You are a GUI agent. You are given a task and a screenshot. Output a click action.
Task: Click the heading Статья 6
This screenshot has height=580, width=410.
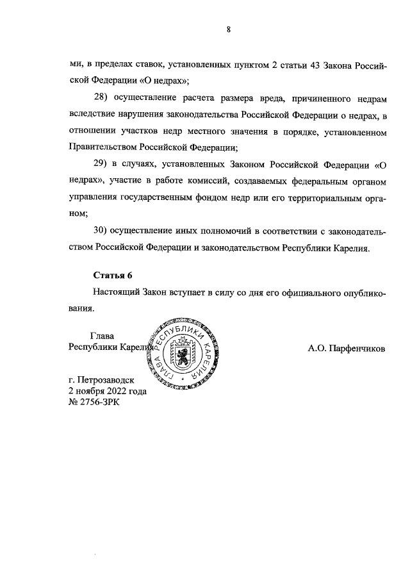coord(112,276)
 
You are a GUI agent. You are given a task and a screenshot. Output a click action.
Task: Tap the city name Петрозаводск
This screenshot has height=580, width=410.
coord(111,379)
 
